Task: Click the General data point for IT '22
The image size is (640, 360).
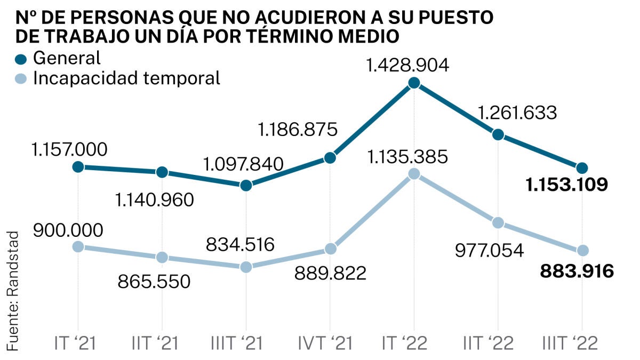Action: (414, 83)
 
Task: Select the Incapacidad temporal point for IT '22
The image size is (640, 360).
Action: (414, 174)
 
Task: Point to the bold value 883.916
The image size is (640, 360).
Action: (577, 271)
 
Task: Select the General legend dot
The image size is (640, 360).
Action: (21, 58)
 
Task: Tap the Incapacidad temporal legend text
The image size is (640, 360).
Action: (126, 78)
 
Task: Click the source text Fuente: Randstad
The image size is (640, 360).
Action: (12, 291)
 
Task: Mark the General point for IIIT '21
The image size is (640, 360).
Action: (246, 186)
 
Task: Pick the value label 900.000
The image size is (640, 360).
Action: (67, 230)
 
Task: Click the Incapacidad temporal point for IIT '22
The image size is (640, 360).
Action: (498, 222)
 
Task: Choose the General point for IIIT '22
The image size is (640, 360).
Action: (582, 168)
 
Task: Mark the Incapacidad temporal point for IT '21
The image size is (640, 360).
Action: (78, 246)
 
